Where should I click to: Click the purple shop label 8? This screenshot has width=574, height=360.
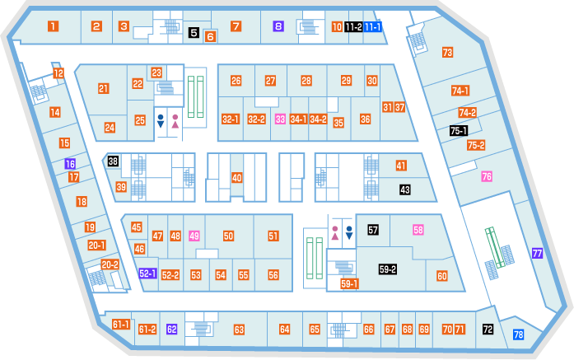pos(278,26)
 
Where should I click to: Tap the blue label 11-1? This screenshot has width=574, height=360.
pos(373,26)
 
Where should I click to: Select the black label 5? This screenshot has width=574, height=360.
pos(194,33)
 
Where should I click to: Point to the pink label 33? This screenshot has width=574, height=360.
pos(280,119)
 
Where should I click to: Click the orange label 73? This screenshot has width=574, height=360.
pos(447,53)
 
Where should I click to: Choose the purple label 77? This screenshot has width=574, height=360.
pos(537,253)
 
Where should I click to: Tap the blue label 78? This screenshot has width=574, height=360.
pos(518,334)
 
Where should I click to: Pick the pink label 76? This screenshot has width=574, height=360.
pos(487,176)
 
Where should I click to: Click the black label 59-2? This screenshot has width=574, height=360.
pos(388,269)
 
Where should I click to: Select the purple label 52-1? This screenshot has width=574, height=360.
pos(148,274)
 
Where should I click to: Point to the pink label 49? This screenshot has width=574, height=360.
pos(194,236)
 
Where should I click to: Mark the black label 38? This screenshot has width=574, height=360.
pos(113,161)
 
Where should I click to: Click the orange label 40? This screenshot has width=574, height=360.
pos(237,178)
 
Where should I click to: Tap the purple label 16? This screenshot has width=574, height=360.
pos(70,164)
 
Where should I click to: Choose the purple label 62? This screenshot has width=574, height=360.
pos(171,330)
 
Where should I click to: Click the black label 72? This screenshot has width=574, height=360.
pos(488,330)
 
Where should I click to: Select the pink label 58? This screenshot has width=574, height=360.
pos(418,230)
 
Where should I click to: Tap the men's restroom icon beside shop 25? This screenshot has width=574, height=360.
pos(161,121)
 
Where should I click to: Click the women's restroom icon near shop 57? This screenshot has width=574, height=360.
pos(335,233)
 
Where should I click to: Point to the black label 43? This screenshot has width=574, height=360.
pos(405,189)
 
